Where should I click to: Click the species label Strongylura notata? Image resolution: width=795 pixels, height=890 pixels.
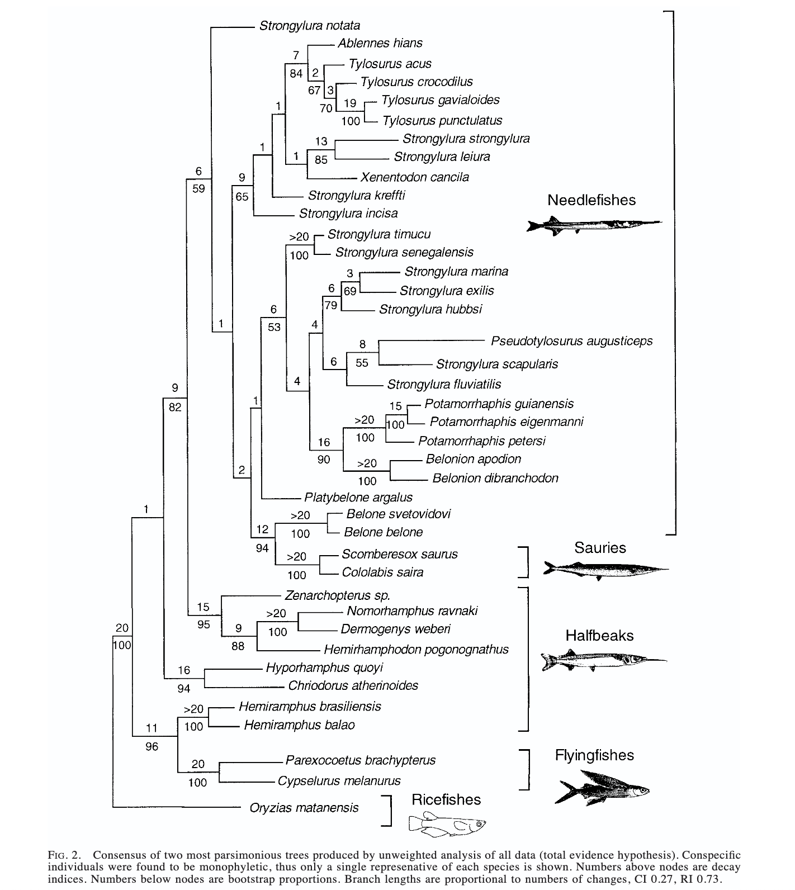coord(310,26)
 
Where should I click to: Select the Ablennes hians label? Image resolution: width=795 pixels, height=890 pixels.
coord(380,43)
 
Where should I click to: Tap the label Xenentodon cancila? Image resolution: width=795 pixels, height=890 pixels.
coord(415,177)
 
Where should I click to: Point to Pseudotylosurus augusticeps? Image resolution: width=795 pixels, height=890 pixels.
coord(571,341)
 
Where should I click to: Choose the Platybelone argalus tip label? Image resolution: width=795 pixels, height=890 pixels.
coord(358,497)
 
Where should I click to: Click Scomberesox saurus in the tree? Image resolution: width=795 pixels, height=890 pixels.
coord(399,554)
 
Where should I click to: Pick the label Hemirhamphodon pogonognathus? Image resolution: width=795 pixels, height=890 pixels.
coord(417,650)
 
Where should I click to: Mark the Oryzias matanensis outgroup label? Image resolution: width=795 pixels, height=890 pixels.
coord(304,808)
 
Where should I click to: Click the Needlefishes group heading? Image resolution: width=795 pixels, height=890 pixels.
coord(591,200)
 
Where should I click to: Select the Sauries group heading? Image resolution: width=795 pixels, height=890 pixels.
coord(600,548)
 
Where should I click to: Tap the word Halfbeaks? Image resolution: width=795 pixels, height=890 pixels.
coord(599,636)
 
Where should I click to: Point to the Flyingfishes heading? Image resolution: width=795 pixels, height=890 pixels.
coord(594,755)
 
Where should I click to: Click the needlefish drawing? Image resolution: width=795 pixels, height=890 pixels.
coord(594,225)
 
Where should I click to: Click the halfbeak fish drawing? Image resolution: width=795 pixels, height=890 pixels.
coord(603,660)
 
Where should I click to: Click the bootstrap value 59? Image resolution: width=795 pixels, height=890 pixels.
coord(198,189)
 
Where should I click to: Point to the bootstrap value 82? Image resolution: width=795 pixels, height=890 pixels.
coord(175,408)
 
